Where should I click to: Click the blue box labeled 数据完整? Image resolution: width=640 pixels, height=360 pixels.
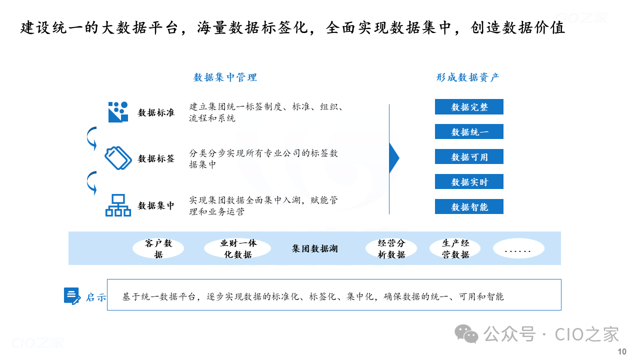click(469, 107)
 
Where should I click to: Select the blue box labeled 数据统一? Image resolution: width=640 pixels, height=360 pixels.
click(469, 131)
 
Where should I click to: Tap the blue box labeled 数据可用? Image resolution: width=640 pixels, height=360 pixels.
click(469, 156)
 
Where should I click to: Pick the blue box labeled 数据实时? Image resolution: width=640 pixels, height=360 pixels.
click(469, 181)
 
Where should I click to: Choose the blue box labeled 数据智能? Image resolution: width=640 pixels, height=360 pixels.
click(469, 206)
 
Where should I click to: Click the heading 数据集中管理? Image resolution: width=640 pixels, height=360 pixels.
click(225, 77)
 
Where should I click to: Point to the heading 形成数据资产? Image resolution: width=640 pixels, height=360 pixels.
click(468, 77)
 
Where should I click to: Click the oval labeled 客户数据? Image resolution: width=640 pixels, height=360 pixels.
click(158, 248)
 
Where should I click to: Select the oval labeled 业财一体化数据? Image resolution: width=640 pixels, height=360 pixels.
click(237, 248)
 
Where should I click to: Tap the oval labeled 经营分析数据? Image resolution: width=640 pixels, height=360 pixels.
click(391, 248)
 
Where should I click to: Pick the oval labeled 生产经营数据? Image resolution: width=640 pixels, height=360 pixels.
click(455, 248)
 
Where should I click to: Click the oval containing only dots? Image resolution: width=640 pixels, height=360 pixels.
click(518, 248)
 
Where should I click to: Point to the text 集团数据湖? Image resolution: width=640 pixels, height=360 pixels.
click(314, 248)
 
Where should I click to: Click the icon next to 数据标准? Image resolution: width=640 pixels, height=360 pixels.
click(118, 112)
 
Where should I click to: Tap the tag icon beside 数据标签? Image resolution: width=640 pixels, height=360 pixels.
click(118, 158)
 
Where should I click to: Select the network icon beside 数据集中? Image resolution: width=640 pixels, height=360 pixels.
click(118, 205)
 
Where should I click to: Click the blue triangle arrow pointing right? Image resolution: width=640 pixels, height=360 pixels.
click(393, 158)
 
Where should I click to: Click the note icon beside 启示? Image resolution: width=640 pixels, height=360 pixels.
click(72, 296)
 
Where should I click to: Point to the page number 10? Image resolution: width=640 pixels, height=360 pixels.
click(622, 351)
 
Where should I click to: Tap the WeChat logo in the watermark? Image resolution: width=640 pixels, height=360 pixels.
click(466, 333)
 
